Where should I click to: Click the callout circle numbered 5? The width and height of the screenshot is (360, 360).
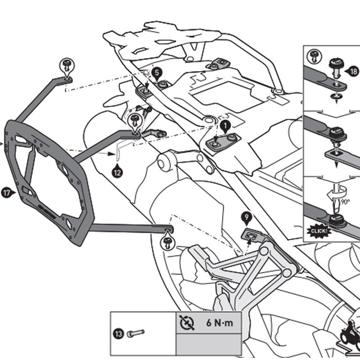point(156,72)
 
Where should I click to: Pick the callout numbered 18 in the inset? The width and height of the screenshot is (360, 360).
point(353,71)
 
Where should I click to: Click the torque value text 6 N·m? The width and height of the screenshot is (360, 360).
point(220,323)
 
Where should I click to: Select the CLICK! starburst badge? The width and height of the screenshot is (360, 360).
point(318,231)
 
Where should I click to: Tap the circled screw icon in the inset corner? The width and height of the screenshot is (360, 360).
point(312,57)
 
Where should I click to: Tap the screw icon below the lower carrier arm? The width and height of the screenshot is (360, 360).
point(167,242)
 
